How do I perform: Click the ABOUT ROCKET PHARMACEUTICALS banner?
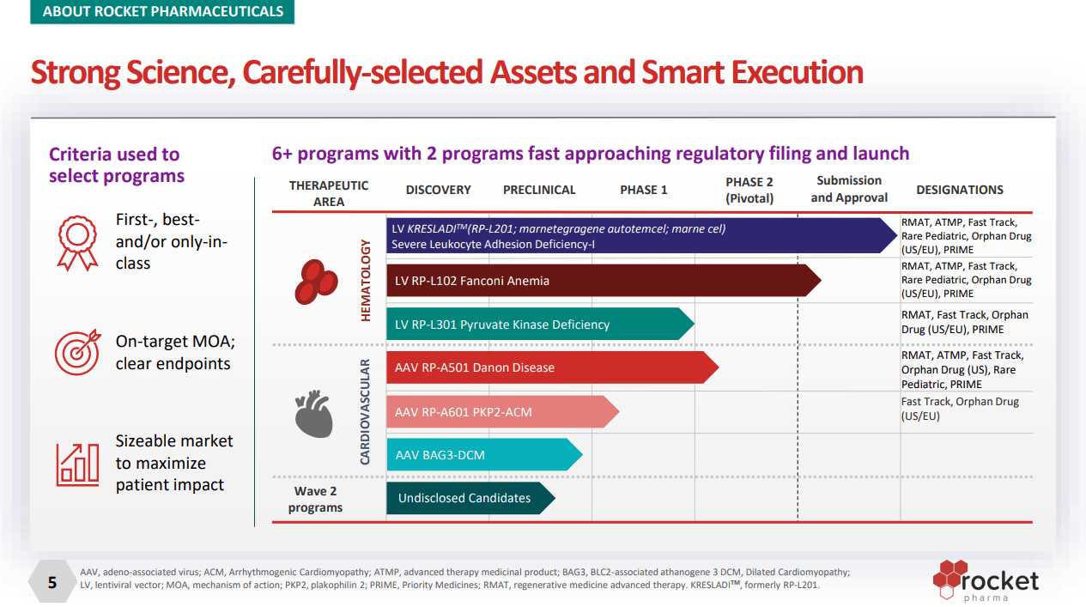(162, 12)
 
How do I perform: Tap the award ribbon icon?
(77, 242)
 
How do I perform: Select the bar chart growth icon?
(77, 463)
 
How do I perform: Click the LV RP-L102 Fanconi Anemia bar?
(601, 281)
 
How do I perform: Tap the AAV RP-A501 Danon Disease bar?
(549, 367)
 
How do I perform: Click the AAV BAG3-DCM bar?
(481, 454)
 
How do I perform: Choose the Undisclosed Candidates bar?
(468, 498)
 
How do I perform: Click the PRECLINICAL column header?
(539, 190)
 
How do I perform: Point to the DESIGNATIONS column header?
(959, 190)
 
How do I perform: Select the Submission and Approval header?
(849, 189)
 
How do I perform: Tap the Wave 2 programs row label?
(316, 499)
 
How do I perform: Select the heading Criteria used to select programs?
(116, 165)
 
